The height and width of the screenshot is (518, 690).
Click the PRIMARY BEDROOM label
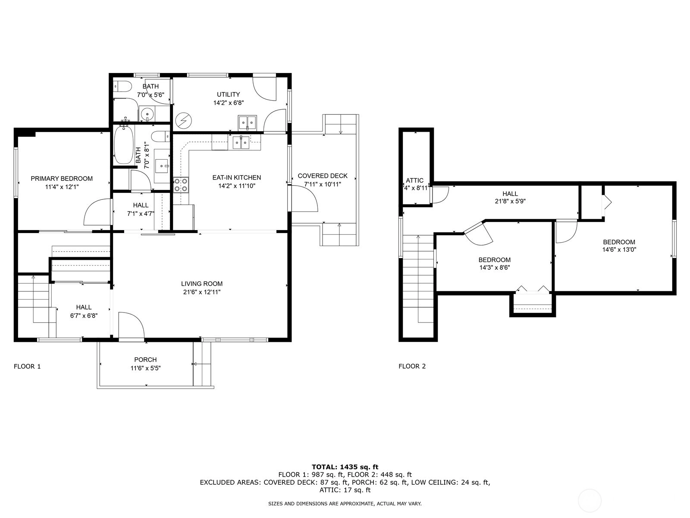click(62, 179)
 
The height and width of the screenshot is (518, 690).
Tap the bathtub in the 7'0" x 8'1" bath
click(123, 144)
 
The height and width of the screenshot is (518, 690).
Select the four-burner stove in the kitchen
click(181, 185)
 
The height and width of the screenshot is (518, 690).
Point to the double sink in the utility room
click(248, 123)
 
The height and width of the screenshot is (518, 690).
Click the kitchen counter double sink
click(241, 142)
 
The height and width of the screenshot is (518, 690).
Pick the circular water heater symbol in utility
click(183, 120)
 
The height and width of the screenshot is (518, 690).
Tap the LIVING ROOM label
click(202, 284)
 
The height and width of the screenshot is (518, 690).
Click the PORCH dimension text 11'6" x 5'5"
click(145, 368)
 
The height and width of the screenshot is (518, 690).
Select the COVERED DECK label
click(323, 176)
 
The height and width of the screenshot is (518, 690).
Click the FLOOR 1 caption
click(27, 366)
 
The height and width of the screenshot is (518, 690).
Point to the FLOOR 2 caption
click(412, 366)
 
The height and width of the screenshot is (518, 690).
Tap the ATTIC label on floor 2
click(414, 180)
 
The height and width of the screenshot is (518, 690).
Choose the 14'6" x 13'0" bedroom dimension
click(619, 250)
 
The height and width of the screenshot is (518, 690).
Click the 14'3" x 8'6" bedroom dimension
click(495, 268)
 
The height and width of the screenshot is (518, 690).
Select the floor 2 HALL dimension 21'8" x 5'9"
click(510, 201)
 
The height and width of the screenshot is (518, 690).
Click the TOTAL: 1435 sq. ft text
click(345, 467)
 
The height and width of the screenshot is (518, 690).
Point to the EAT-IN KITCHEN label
click(237, 178)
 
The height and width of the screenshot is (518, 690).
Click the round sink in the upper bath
click(147, 113)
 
